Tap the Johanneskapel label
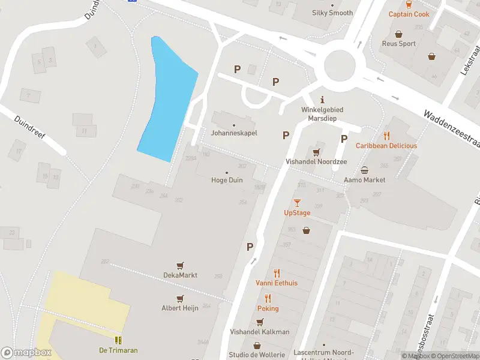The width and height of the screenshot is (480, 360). (234, 133)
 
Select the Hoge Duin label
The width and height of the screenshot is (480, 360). (227, 180)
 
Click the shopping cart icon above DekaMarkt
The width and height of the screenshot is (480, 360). (180, 265)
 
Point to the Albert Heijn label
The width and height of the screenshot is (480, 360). (180, 308)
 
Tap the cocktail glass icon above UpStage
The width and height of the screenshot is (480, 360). (297, 203)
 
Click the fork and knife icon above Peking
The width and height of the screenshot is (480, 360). (268, 298)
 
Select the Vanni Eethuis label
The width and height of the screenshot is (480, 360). (277, 283)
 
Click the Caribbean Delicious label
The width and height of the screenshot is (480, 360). (386, 146)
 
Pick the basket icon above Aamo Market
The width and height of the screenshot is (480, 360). (364, 170)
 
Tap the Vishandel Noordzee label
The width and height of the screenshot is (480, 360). (316, 162)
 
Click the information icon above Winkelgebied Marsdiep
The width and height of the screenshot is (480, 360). (322, 100)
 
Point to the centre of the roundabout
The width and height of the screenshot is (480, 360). (340, 65)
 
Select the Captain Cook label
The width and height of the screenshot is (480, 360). (409, 14)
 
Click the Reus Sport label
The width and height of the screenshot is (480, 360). (399, 44)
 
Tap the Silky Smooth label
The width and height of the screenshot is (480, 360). (332, 13)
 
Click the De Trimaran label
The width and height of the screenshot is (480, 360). (118, 350)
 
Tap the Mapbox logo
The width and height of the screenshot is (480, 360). (25, 353)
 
